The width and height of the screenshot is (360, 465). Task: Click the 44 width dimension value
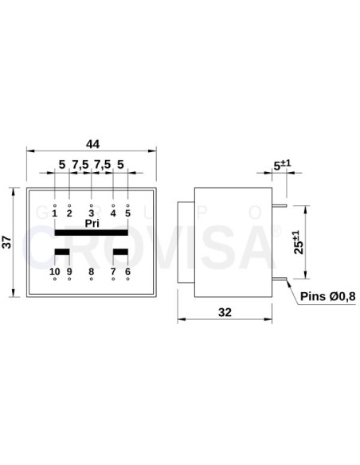pos(92,144)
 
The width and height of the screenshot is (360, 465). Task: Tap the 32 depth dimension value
pos(225,313)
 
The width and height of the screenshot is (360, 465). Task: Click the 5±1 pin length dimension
pos(282,166)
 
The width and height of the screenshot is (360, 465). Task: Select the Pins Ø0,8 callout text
pos(328,297)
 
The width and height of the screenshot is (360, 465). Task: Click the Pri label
pos(91,223)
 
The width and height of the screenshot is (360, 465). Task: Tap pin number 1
pos(54,213)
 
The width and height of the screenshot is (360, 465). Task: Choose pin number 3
pos(91,213)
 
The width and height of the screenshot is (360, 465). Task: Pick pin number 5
pos(127,213)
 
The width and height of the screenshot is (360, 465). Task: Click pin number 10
pos(54,272)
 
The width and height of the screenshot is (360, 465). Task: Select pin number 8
pos(91,272)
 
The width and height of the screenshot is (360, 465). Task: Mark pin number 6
pos(127,272)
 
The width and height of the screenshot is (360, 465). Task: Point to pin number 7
pos(113,272)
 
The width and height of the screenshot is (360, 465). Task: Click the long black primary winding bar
pos(91,232)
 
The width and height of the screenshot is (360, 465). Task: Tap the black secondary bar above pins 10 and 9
pos(61,253)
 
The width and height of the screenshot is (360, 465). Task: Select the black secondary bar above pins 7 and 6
pos(120,253)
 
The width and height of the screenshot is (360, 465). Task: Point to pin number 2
pos(69,213)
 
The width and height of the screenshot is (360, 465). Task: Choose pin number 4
pos(113,213)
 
